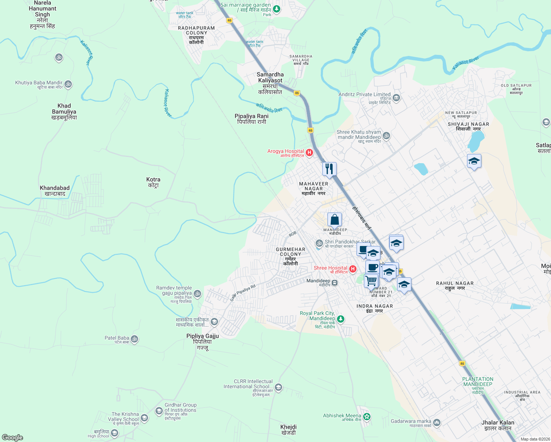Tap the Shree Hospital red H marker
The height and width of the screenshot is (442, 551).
(353, 269)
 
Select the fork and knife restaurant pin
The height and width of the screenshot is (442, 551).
(329, 169)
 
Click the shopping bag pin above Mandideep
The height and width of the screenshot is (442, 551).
(334, 220)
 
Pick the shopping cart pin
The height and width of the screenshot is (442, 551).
(371, 281)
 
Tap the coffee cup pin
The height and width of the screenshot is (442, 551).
(372, 267)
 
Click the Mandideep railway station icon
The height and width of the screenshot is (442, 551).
(334, 283)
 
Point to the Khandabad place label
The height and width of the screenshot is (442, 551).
(55, 190)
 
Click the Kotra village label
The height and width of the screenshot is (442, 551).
(153, 182)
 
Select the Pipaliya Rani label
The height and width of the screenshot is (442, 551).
(252, 119)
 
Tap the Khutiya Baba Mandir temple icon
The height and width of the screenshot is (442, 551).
(68, 85)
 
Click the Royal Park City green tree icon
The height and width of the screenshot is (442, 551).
(341, 319)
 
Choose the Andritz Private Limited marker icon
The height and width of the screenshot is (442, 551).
(396, 98)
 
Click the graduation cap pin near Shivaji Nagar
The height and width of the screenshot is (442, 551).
(474, 161)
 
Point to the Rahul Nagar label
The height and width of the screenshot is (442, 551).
(455, 285)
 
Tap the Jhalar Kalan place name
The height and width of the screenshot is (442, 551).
(498, 425)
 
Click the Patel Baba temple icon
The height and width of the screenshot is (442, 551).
(135, 339)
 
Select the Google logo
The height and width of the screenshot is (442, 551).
(13, 438)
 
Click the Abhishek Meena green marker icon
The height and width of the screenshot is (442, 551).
(366, 417)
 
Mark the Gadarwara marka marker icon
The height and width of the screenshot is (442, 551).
(437, 422)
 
